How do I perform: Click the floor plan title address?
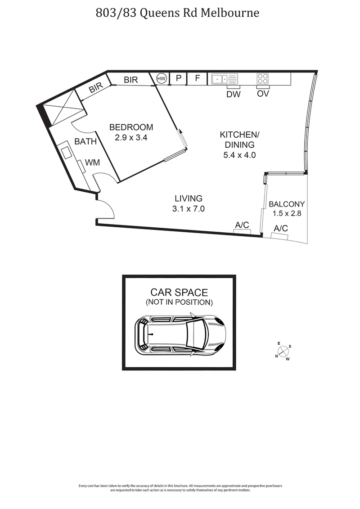(x=178, y=13)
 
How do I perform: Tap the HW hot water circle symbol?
(x=161, y=79)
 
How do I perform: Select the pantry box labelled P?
(x=178, y=79)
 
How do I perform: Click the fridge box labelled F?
(x=197, y=79)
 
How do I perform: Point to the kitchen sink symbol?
(x=224, y=79)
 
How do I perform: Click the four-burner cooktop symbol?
(x=262, y=79)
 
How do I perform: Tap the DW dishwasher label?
(x=233, y=94)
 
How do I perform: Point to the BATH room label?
(x=85, y=142)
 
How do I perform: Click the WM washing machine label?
(x=93, y=162)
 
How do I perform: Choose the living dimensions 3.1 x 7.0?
(x=189, y=208)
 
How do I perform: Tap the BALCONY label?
(x=287, y=204)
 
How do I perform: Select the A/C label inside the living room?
(x=242, y=225)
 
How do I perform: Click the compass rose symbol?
(x=283, y=351)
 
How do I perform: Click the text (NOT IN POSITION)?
(x=179, y=302)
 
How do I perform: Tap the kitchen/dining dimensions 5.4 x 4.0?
(x=239, y=155)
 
